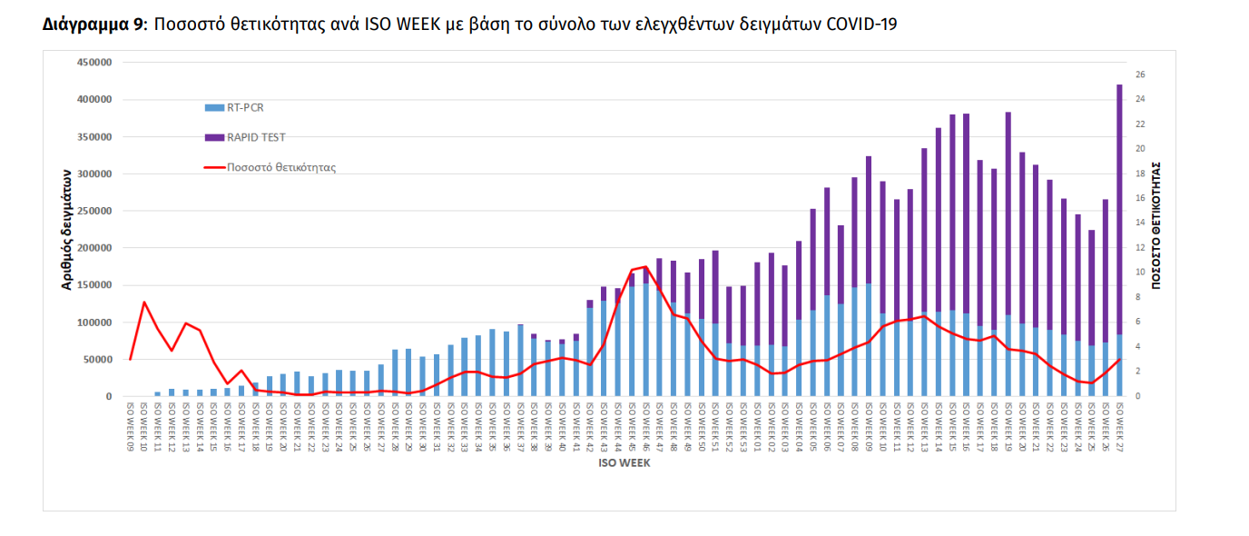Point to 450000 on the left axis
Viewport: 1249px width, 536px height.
point(93,63)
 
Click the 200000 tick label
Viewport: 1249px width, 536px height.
point(93,248)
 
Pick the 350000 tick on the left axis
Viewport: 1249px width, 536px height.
point(93,137)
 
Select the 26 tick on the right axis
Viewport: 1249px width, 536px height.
point(1140,74)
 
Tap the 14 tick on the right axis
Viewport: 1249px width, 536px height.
point(1140,223)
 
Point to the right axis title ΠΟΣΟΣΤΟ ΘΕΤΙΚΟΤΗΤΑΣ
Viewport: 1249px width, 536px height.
point(1156,226)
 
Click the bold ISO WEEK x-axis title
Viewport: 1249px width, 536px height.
point(624,462)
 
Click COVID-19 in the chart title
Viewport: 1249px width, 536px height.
point(861,25)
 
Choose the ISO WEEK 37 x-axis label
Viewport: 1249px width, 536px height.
point(520,428)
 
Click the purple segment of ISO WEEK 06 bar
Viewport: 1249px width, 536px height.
point(827,241)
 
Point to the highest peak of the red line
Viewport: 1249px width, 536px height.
point(645,267)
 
